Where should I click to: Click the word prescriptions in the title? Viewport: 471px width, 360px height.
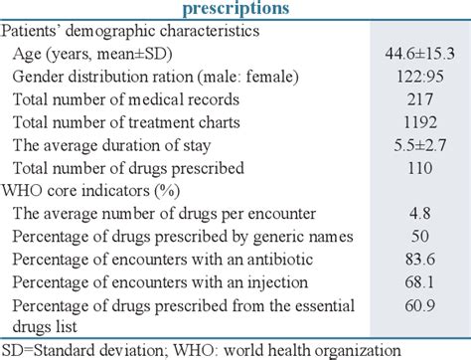[x=235, y=9]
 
